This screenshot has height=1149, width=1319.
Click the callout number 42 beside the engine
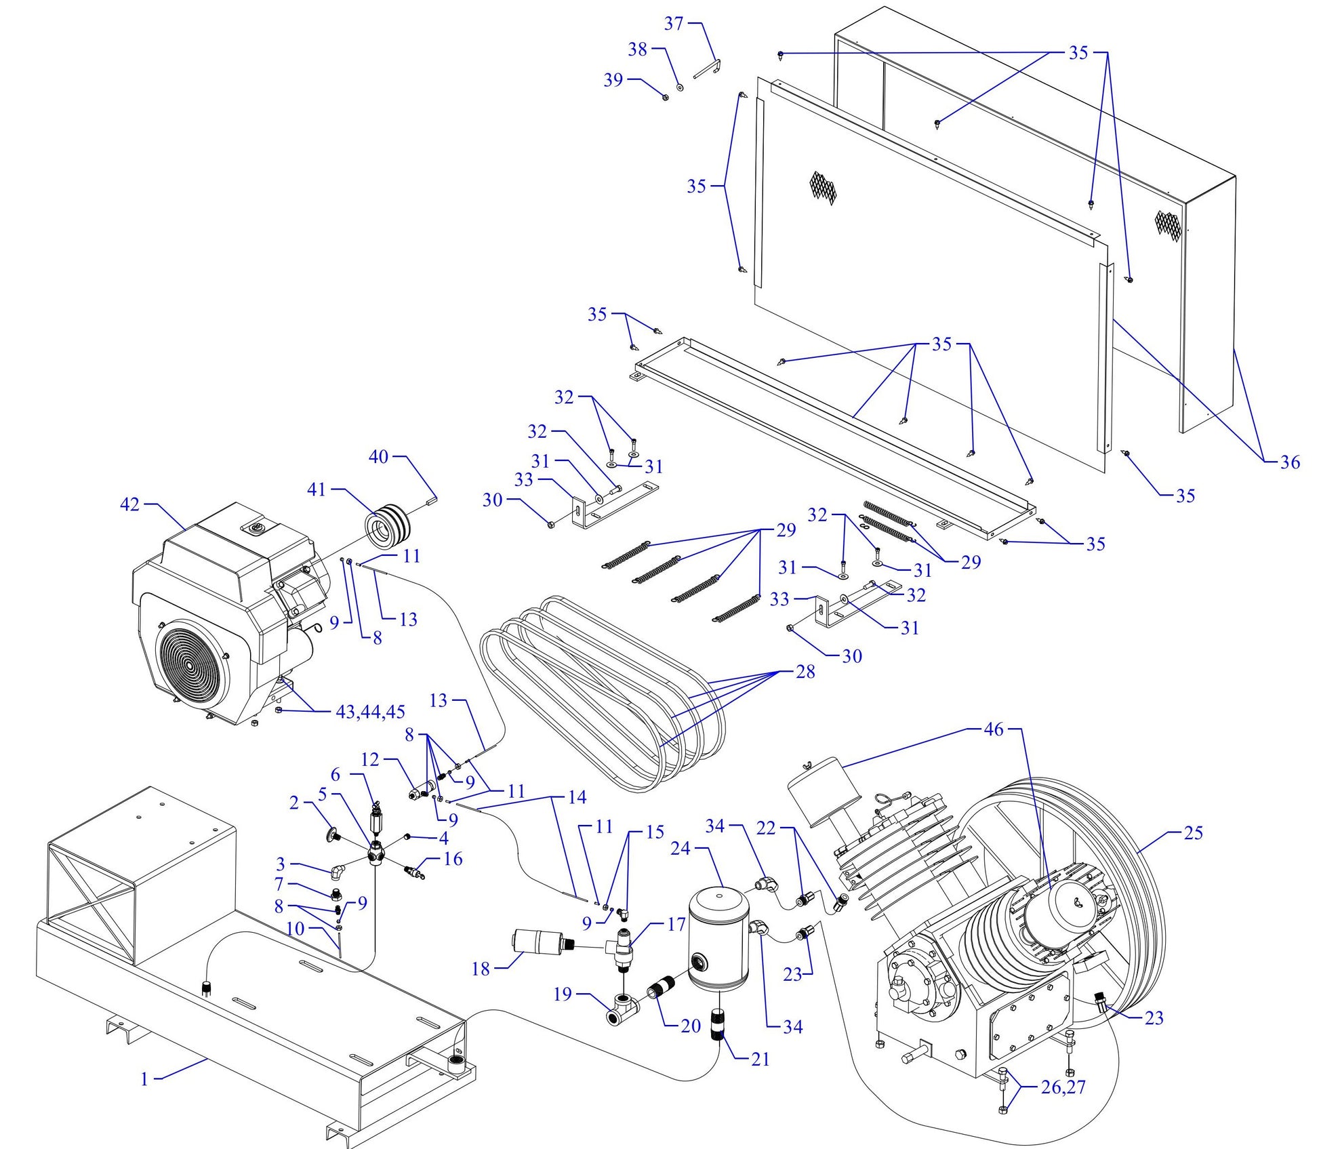129,504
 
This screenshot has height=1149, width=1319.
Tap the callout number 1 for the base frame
144,1079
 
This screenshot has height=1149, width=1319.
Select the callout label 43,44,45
370,712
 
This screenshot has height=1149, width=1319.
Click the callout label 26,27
1063,1087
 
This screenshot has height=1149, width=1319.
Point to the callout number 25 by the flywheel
1193,832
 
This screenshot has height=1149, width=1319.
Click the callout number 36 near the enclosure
1290,462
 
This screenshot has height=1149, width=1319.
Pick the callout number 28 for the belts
805,672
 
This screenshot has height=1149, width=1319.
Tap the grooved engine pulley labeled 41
386,522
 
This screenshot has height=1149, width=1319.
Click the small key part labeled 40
432,500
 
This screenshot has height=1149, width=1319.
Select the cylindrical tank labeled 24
718,939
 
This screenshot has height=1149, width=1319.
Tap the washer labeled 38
680,87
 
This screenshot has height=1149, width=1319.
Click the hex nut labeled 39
666,97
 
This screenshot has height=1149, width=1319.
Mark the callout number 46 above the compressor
993,729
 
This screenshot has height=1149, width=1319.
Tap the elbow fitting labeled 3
337,870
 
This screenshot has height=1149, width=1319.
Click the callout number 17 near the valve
676,925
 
